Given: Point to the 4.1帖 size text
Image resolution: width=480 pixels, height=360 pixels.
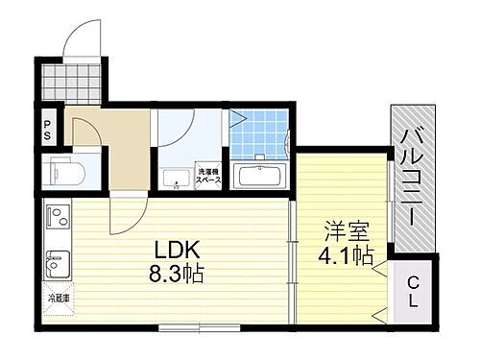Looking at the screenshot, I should tap(347, 256).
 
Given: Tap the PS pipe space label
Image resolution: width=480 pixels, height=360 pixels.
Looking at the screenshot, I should tap(46, 127).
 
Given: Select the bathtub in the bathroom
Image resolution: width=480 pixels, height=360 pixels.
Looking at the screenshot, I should tap(259, 177).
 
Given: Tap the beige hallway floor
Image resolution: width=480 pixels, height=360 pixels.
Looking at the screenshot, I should tap(120, 144).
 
